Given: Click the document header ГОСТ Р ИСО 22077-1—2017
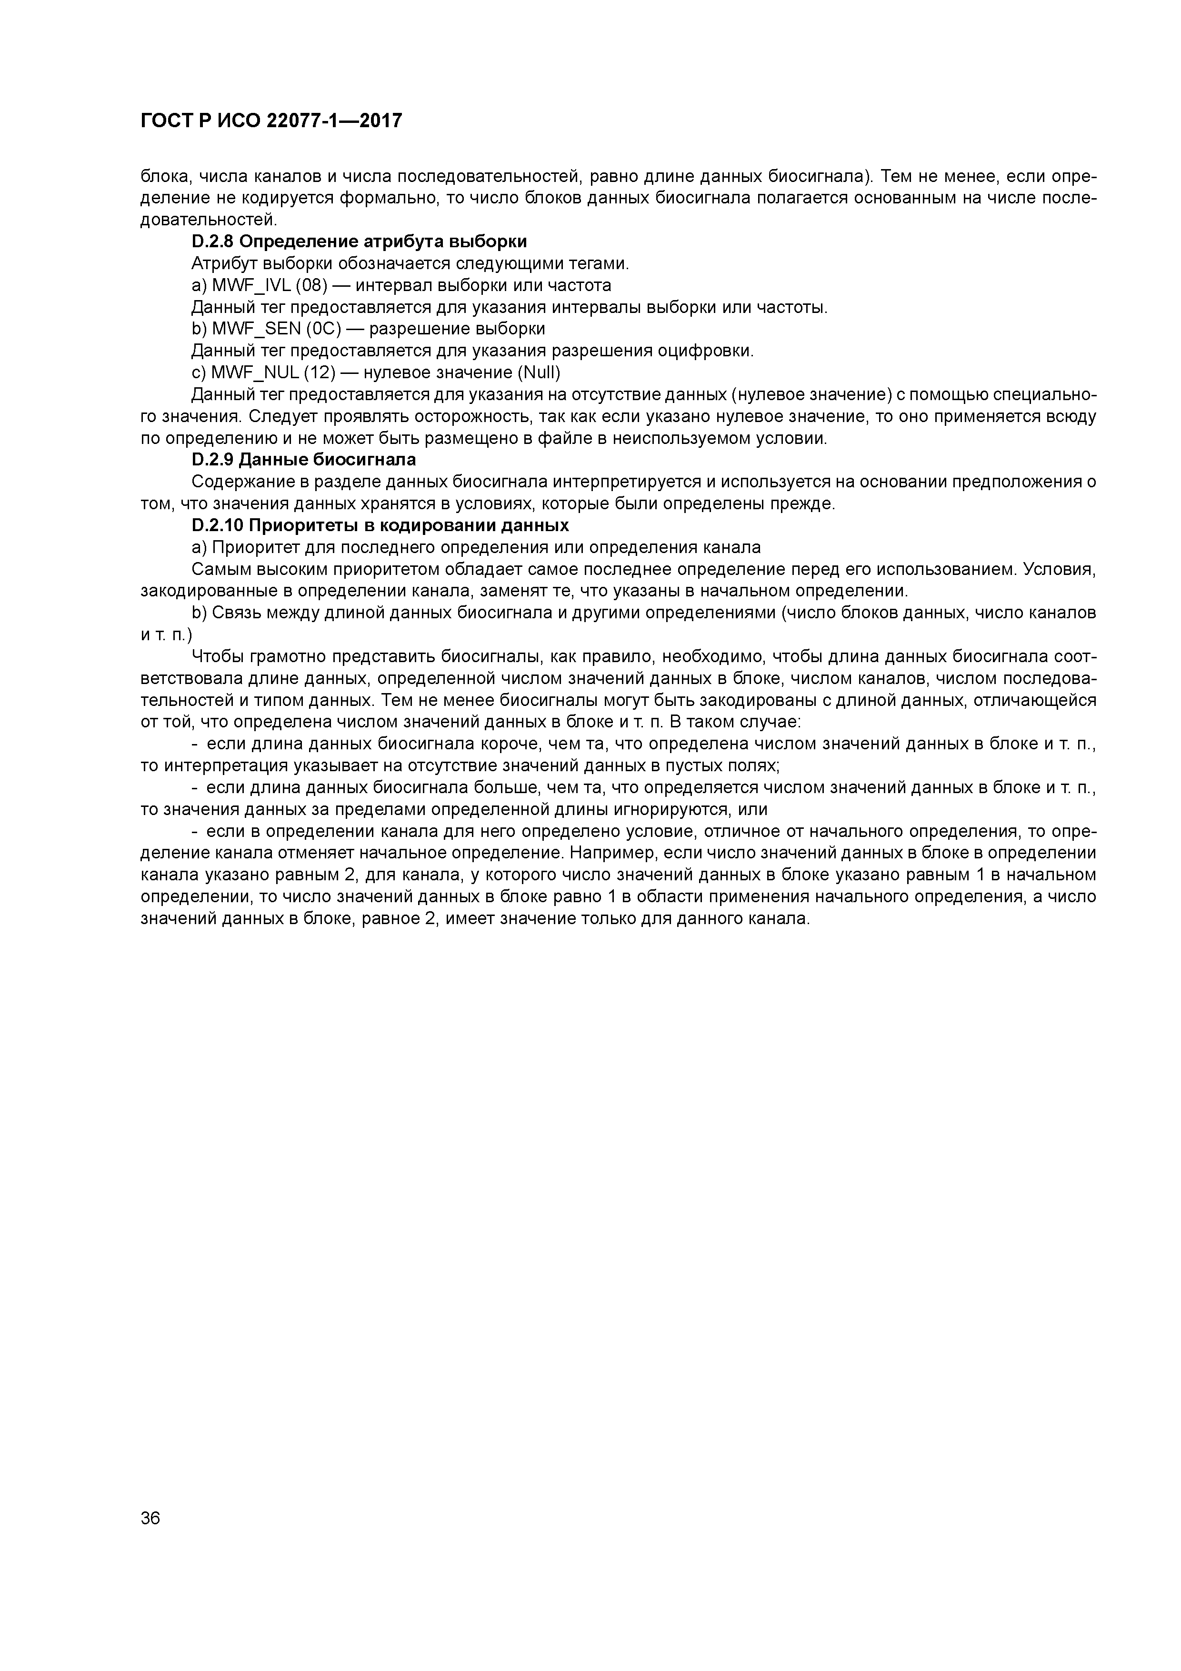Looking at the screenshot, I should (x=270, y=121).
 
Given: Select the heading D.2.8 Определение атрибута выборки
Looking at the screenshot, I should (x=360, y=242).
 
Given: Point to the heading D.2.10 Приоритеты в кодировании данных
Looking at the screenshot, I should (x=380, y=525).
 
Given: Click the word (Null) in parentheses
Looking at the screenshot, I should (x=539, y=372).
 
